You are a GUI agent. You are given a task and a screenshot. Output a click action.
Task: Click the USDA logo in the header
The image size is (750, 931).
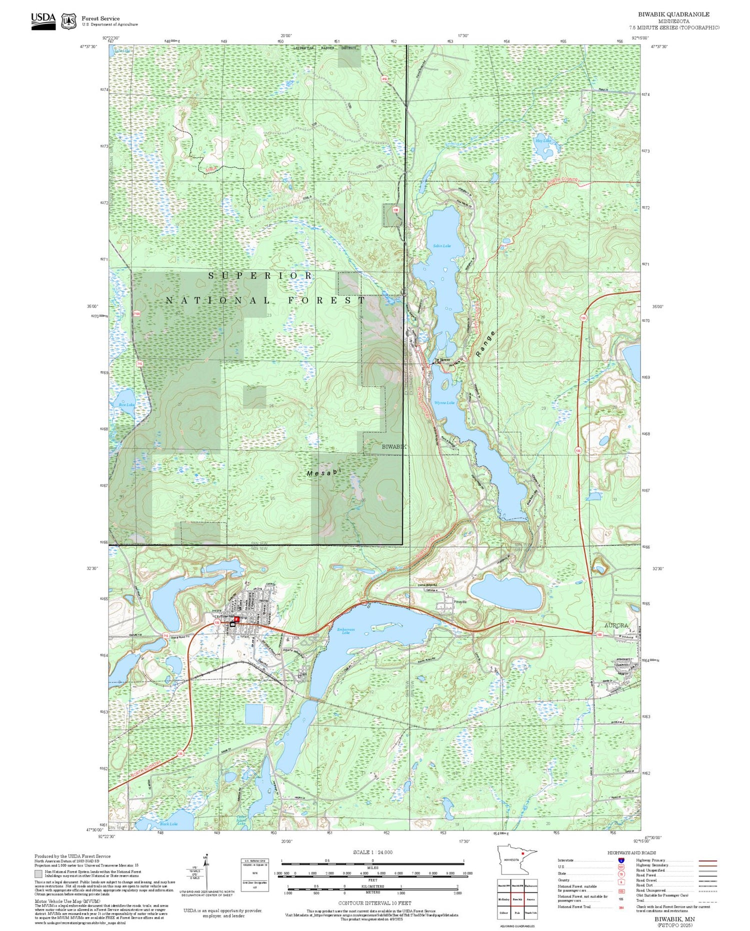point(43,20)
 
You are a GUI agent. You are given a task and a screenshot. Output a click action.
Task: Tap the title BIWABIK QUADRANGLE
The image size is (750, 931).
point(673,14)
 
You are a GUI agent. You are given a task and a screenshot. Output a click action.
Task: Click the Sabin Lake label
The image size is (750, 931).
point(441,246)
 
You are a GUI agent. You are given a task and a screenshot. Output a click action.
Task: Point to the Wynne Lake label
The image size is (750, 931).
point(444,402)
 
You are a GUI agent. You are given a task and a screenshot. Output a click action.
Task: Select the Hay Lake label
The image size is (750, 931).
point(543,141)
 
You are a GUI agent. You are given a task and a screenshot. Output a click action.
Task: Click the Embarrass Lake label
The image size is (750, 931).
point(345,631)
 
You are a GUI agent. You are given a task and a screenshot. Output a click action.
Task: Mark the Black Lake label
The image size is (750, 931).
point(168,823)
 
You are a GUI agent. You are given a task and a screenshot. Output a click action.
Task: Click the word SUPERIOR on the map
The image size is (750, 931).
point(260,275)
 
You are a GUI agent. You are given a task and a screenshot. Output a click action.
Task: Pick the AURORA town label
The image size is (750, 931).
point(616,625)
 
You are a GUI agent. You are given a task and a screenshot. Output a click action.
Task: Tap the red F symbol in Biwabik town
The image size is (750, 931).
point(237,619)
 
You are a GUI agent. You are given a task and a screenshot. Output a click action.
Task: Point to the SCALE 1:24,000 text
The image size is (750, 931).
point(372,852)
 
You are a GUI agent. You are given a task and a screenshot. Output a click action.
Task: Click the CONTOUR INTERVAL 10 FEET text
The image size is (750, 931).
point(374,903)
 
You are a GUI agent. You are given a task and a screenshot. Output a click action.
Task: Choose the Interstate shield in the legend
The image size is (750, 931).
point(621,860)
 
